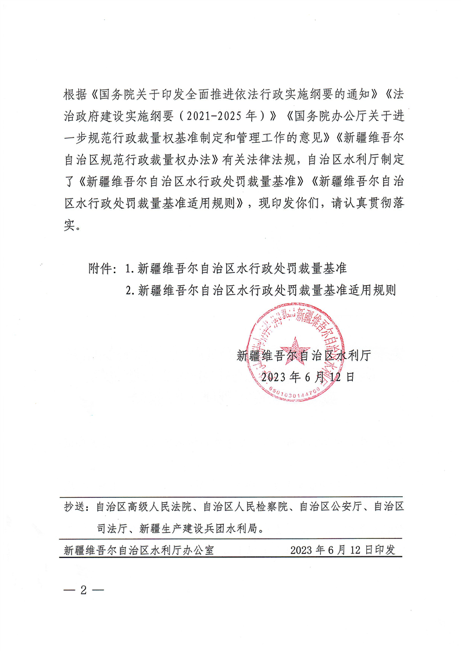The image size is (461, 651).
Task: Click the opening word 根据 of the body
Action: coord(76,92)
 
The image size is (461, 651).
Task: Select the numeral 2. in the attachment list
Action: coord(130,290)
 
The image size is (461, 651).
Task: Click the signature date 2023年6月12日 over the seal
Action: coord(308,376)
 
